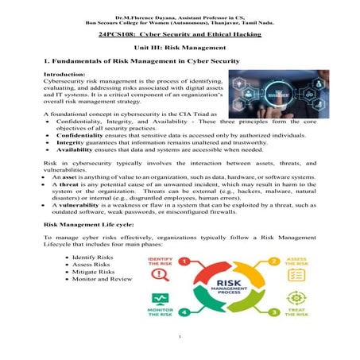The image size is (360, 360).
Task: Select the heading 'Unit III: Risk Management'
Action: (x=180, y=48)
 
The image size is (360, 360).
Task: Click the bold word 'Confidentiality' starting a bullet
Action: (x=75, y=136)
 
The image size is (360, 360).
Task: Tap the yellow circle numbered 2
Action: (x=274, y=261)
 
